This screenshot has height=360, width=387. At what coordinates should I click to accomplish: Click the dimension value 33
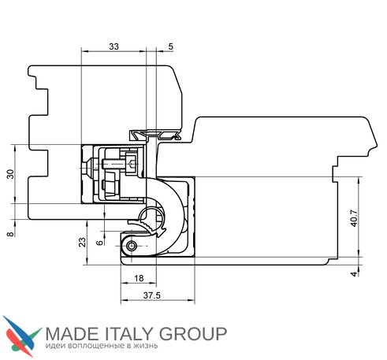pos(113,46)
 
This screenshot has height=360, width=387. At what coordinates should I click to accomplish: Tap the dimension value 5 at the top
pos(171,46)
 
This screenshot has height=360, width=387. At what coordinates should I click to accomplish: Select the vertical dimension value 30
pos(10,174)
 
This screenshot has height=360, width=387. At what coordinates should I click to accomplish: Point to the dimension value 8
pos(10,234)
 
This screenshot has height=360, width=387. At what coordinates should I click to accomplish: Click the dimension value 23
pos(83,242)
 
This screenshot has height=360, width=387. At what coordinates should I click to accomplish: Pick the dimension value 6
pos(100,243)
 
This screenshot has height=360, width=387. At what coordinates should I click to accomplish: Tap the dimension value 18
pos(139,278)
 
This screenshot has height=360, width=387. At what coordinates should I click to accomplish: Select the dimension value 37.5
pos(151,295)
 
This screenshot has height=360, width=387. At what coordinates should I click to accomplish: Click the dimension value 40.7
pos(354,218)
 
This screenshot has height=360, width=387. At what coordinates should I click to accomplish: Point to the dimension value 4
pos(354,274)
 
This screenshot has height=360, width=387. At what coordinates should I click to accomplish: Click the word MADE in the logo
pos(72,334)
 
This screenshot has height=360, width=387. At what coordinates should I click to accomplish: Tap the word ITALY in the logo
pos(129,334)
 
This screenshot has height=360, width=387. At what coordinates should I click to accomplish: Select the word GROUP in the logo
pos(193,334)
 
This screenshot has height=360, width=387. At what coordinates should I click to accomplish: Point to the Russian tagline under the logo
pos(102,346)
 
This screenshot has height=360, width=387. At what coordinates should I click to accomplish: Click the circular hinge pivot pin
pos(131,246)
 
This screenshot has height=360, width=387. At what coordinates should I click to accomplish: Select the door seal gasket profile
pos(155,135)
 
